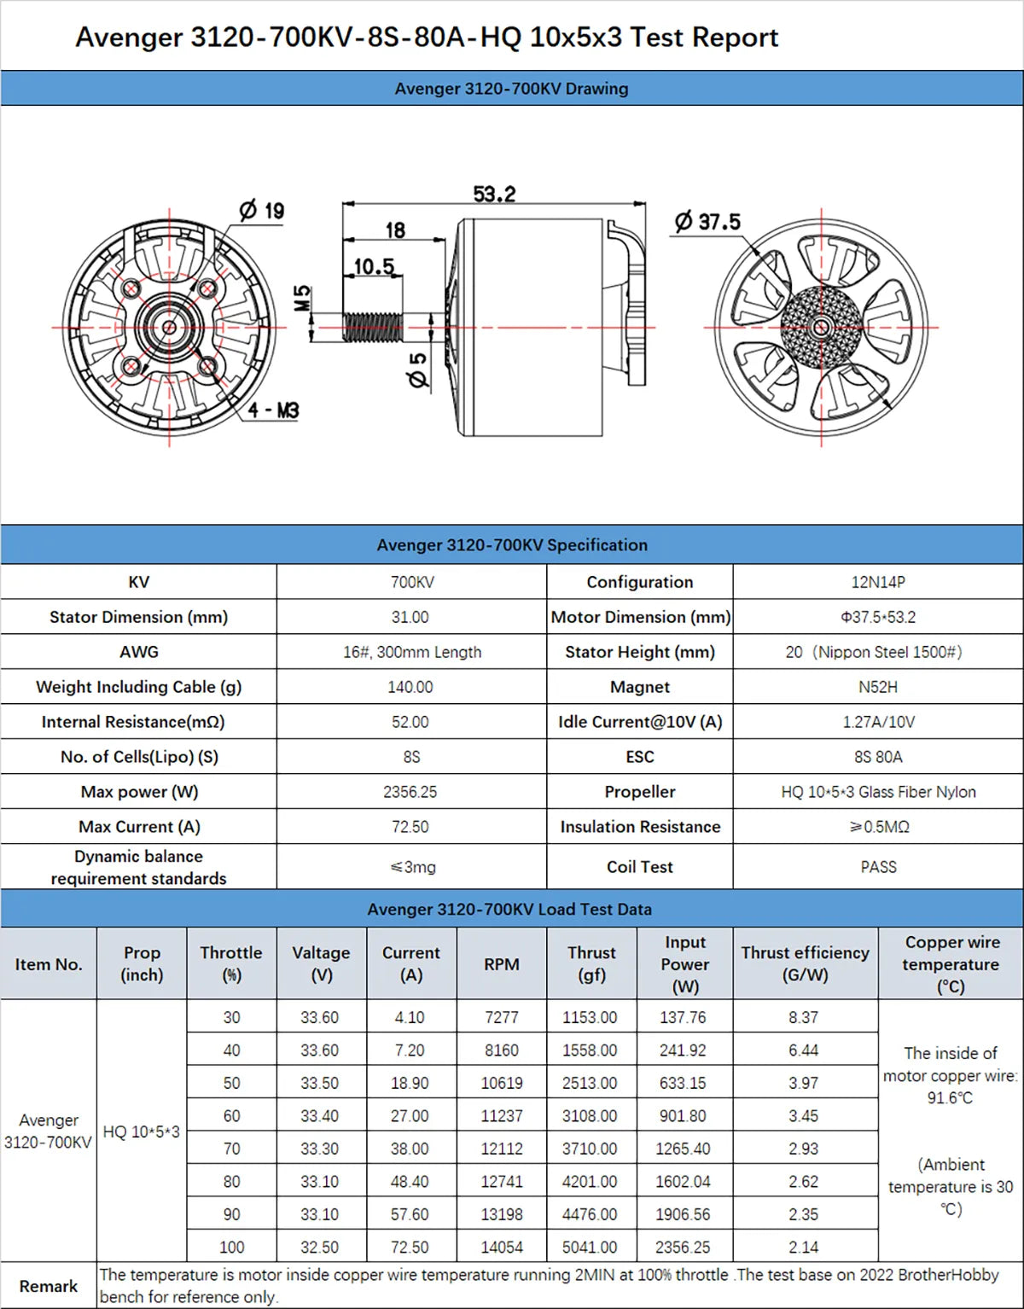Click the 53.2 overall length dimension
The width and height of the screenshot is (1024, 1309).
pos(494,194)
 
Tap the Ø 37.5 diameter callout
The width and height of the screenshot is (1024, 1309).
pos(707,222)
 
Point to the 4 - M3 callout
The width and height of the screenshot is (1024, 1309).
pos(273,410)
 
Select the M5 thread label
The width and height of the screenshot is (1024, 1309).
pos(303,298)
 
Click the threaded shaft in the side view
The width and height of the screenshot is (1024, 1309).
pos(372,327)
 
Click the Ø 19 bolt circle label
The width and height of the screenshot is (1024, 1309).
pos(262,210)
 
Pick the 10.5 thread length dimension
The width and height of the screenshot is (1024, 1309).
pos(374,267)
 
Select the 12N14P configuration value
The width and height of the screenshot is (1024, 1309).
pos(877,582)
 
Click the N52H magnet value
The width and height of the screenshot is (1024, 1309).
pos(877,687)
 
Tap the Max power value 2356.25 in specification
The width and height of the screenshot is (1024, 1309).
pos(410,792)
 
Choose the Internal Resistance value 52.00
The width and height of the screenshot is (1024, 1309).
pos(410,722)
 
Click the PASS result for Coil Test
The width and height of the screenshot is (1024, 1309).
pos(878,867)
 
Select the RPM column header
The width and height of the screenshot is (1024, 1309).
pos(501,964)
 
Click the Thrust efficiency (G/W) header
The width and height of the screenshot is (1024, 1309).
pos(805,964)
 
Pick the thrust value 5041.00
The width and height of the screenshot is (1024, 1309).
pos(589,1247)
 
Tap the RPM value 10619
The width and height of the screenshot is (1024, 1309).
pos(501,1083)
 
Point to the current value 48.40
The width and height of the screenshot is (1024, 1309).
pos(410,1181)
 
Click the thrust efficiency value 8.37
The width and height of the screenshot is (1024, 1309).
pos(803,1017)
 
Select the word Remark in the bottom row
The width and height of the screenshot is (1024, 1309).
pos(49,1286)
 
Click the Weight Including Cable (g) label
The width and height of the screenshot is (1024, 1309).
pos(138,687)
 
